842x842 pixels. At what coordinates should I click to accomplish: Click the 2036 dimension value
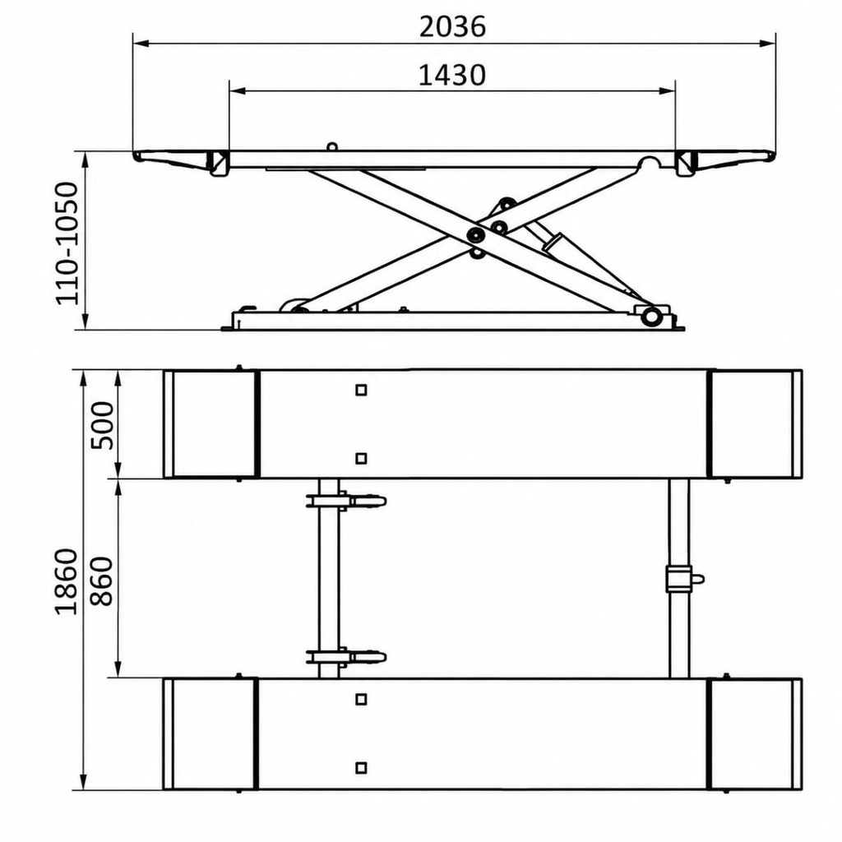coord(452,27)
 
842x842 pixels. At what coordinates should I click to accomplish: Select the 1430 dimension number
coord(451,75)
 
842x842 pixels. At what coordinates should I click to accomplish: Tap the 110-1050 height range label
coord(67,243)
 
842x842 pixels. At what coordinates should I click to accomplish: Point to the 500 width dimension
coord(102,425)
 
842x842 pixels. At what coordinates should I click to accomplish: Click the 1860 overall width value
coord(67,581)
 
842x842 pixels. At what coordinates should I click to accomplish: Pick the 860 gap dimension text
coord(102,581)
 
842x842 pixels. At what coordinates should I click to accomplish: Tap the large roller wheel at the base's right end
coord(651,316)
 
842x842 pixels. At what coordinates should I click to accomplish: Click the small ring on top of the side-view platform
coord(332,146)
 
